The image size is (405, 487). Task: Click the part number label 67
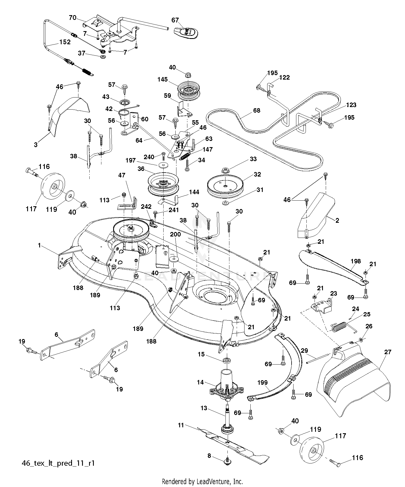pyautogui.click(x=175, y=20)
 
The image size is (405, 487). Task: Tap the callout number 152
pyautogui.click(x=65, y=42)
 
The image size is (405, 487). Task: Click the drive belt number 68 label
pyautogui.click(x=257, y=110)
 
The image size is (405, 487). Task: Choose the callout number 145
pyautogui.click(x=162, y=80)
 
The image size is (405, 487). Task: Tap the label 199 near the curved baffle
pyautogui.click(x=262, y=382)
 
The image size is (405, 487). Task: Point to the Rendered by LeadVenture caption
pyautogui.click(x=202, y=482)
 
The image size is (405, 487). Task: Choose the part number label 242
pyautogui.click(x=146, y=207)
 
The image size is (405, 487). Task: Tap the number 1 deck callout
pyautogui.click(x=39, y=245)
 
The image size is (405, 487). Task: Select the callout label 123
pyautogui.click(x=351, y=105)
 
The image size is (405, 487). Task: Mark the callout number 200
pyautogui.click(x=176, y=235)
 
